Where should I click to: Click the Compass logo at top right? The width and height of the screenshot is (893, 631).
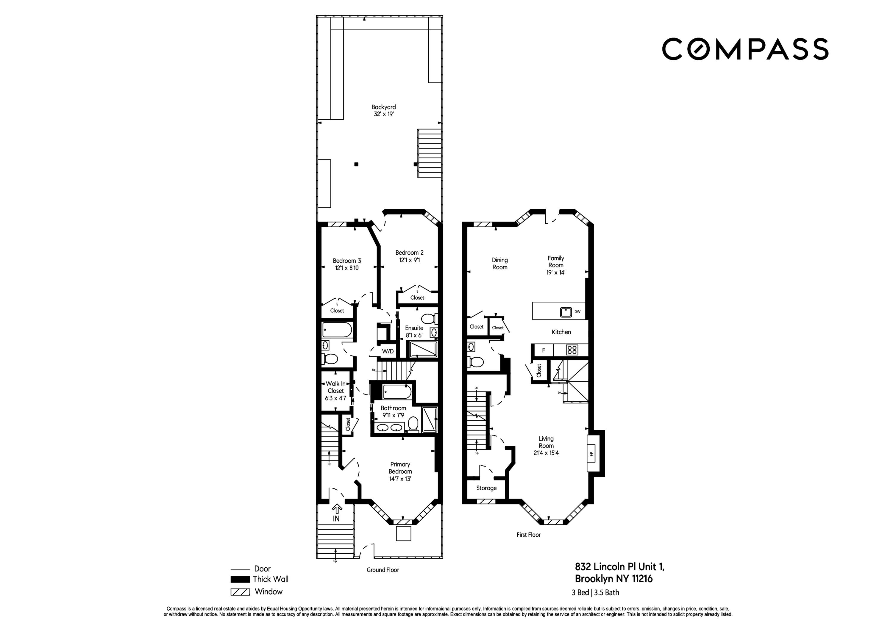pos(744,49)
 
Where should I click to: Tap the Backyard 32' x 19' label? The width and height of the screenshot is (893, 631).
pos(383,110)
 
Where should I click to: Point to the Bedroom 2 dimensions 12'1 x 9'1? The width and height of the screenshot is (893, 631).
pos(409,260)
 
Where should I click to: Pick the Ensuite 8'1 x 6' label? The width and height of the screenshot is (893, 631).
pos(414,331)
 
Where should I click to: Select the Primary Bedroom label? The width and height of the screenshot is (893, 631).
pos(400,471)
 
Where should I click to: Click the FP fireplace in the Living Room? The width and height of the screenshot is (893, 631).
pos(591,453)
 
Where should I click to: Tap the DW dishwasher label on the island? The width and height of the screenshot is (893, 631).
pos(577,311)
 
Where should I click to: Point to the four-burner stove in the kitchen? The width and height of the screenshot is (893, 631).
pos(571,350)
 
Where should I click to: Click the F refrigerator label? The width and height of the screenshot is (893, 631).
pos(543,350)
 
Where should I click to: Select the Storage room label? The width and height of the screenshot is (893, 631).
pos(486,488)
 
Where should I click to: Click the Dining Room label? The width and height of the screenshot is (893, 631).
pos(500,264)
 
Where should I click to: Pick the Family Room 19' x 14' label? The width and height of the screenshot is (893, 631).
pos(556,265)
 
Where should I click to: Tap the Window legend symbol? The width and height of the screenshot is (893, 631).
pos(240,592)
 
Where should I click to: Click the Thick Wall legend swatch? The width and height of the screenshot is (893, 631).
pos(240,579)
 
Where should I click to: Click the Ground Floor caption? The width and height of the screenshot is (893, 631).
pos(383,570)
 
